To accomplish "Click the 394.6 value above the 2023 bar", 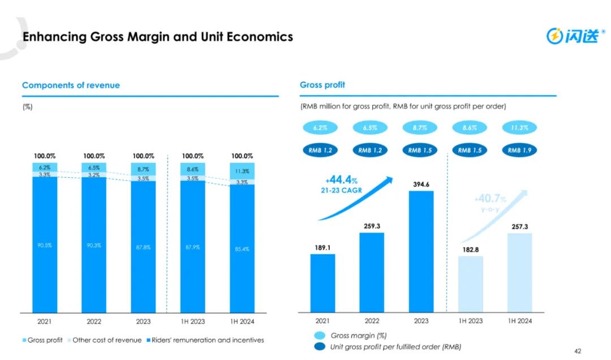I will coord(421,184).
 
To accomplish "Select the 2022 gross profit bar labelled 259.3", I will coord(371,272).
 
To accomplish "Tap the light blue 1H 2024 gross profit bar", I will coord(520,272).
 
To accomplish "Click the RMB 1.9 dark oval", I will coord(518,150).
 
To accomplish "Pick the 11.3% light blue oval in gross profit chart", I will coord(518,128).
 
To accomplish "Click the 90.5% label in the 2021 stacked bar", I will coord(45,245).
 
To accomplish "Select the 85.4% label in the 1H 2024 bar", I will coord(242,249).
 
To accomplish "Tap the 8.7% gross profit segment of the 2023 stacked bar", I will coord(143,169).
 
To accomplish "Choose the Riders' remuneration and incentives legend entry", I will coord(205,340).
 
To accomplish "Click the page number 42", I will coord(577,351).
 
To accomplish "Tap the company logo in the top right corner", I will coord(572,36).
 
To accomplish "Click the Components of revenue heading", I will coord(71,85).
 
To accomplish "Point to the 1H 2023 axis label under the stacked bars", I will coord(192,322).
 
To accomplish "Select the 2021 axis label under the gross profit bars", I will coord(322,321).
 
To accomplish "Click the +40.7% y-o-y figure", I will coord(490,199).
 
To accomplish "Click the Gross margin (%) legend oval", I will coord(320,336).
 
